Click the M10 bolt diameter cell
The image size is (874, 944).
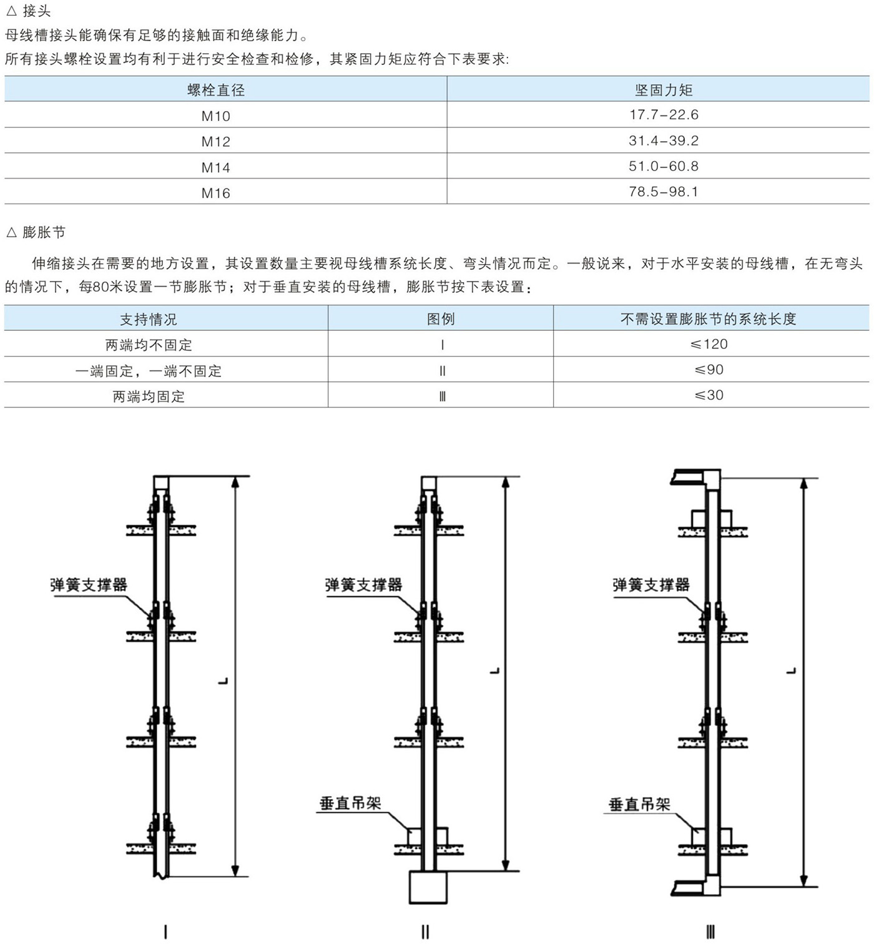click(x=215, y=116)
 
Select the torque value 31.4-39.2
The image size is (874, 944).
click(x=664, y=140)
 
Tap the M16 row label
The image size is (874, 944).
click(x=215, y=193)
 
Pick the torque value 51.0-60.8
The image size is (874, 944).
click(x=664, y=166)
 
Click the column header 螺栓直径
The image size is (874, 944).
click(x=216, y=90)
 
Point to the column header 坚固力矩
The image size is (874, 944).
click(x=664, y=90)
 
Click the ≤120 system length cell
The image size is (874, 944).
click(x=709, y=343)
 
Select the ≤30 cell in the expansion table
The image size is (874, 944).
click(x=709, y=395)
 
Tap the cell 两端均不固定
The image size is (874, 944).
click(x=149, y=345)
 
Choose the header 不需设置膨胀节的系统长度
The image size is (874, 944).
click(x=708, y=318)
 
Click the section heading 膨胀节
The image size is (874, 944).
click(x=44, y=232)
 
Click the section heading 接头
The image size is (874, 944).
click(x=37, y=11)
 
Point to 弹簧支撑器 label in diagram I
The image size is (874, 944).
click(x=89, y=584)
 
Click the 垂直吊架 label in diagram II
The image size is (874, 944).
click(x=350, y=804)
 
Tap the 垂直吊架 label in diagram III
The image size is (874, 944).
click(x=639, y=804)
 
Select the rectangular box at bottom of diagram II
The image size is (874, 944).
click(x=428, y=887)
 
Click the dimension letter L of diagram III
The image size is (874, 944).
click(x=791, y=671)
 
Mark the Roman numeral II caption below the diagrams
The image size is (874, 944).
click(x=425, y=932)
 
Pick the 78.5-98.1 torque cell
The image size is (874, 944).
click(x=664, y=192)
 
